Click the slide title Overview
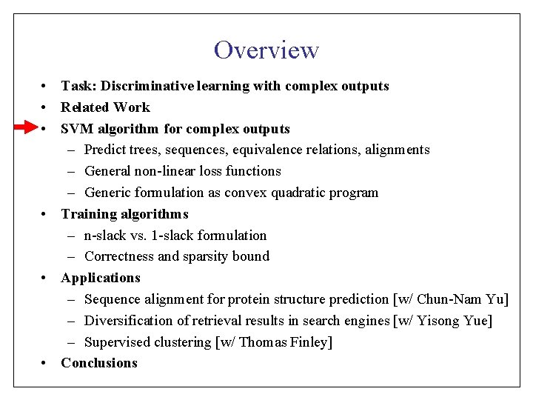tap(266, 50)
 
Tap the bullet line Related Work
tap(105, 107)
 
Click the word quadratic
tap(298, 193)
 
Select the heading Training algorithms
tap(124, 214)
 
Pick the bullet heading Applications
tap(100, 278)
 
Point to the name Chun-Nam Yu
tap(460, 299)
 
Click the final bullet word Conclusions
tap(99, 363)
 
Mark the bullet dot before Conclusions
tap(46, 363)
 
